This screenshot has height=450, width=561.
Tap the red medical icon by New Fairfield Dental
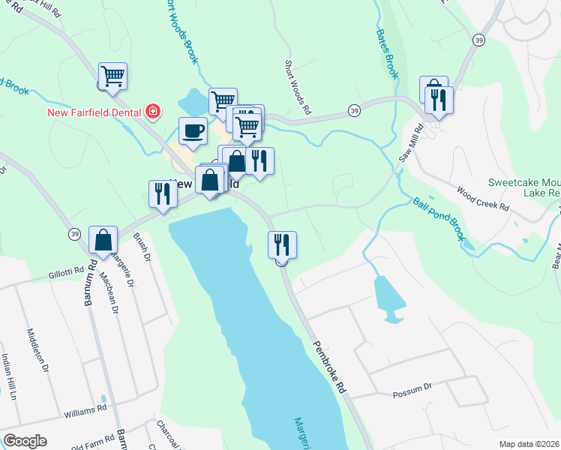click(153, 112)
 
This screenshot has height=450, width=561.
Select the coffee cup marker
click(193, 131)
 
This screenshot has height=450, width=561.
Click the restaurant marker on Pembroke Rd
click(282, 244)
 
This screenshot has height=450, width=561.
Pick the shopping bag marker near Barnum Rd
click(103, 240)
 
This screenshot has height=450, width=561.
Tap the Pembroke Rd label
click(330, 366)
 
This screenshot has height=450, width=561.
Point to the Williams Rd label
click(85, 411)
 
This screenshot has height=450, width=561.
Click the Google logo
click(24, 441)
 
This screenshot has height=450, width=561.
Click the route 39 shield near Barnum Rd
click(73, 234)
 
